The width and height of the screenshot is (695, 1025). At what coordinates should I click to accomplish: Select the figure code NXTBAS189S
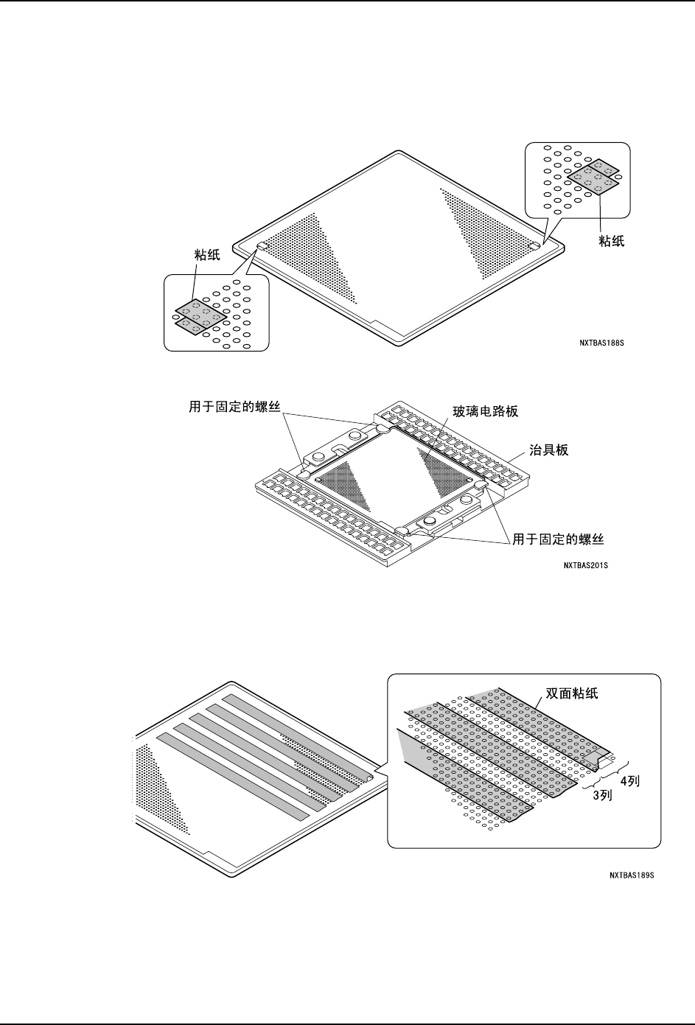point(632,875)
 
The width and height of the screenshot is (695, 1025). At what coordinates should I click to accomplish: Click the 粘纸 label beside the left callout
point(207,254)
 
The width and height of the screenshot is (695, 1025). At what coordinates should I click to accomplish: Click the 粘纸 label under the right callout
point(612,240)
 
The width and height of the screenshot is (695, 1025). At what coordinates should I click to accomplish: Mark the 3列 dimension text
point(604,796)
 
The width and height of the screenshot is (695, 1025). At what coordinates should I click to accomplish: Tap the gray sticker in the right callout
point(593,175)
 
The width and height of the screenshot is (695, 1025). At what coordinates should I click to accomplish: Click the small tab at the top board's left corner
point(262,247)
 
